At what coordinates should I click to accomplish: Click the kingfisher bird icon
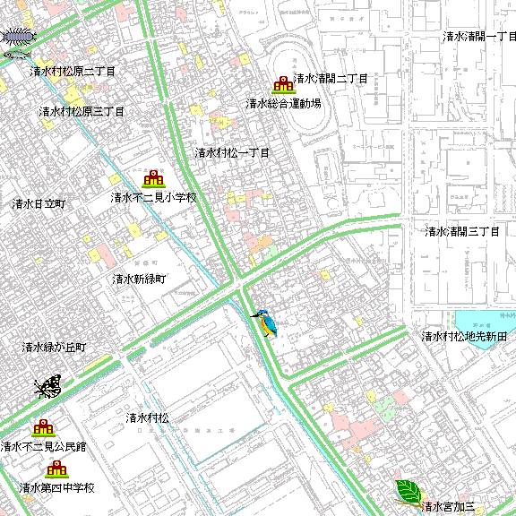264,322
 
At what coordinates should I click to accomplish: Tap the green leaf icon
408,490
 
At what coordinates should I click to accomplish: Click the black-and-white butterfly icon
47,386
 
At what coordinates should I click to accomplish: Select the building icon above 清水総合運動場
284,85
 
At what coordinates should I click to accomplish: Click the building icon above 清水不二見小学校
152,179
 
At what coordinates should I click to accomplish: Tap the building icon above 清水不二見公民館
43,428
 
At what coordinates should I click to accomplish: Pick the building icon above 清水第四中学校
56,469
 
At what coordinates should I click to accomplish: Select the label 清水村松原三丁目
82,112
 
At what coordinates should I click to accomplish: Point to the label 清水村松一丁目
232,153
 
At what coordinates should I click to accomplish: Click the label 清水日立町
39,204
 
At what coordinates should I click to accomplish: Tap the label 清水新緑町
139,279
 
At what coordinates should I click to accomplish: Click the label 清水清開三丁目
461,231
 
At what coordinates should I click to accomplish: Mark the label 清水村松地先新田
465,337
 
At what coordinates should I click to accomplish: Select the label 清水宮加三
452,507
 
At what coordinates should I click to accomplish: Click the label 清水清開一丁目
480,37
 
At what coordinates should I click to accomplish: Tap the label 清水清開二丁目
331,79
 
